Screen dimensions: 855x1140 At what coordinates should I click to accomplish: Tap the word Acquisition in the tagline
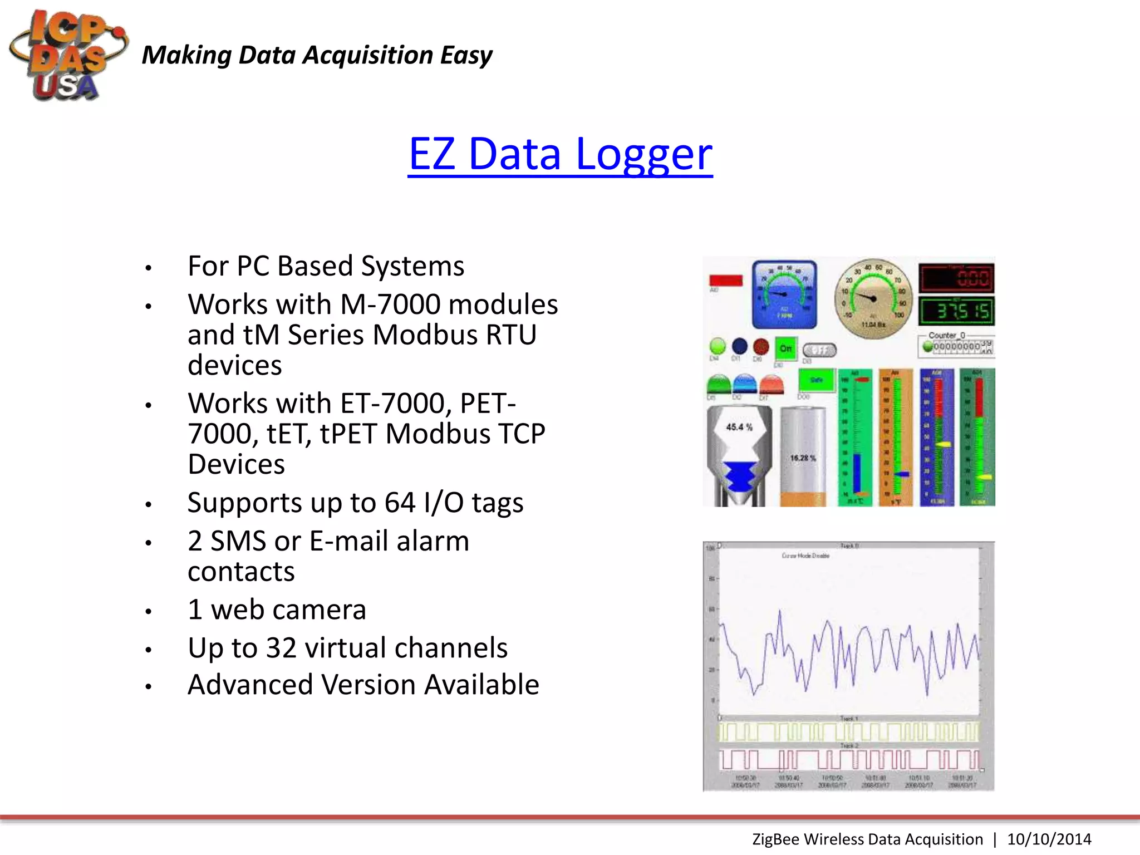pyautogui.click(x=368, y=55)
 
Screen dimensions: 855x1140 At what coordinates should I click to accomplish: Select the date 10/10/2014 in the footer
pyautogui.click(x=1049, y=839)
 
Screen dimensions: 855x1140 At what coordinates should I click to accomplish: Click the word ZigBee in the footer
pyautogui.click(x=776, y=839)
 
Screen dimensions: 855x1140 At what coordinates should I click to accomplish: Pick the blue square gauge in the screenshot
pyautogui.click(x=784, y=294)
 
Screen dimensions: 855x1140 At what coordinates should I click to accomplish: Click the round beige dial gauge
pyautogui.click(x=873, y=299)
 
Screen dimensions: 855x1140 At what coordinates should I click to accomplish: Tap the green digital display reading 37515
pyautogui.click(x=956, y=311)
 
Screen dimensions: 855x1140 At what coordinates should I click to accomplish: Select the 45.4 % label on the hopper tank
pyautogui.click(x=739, y=427)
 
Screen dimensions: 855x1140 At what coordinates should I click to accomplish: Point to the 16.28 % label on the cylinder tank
pyautogui.click(x=803, y=458)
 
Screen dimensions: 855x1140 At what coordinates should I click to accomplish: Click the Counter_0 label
pyautogui.click(x=946, y=335)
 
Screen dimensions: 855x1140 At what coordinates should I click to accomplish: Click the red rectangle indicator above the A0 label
pyautogui.click(x=726, y=280)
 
